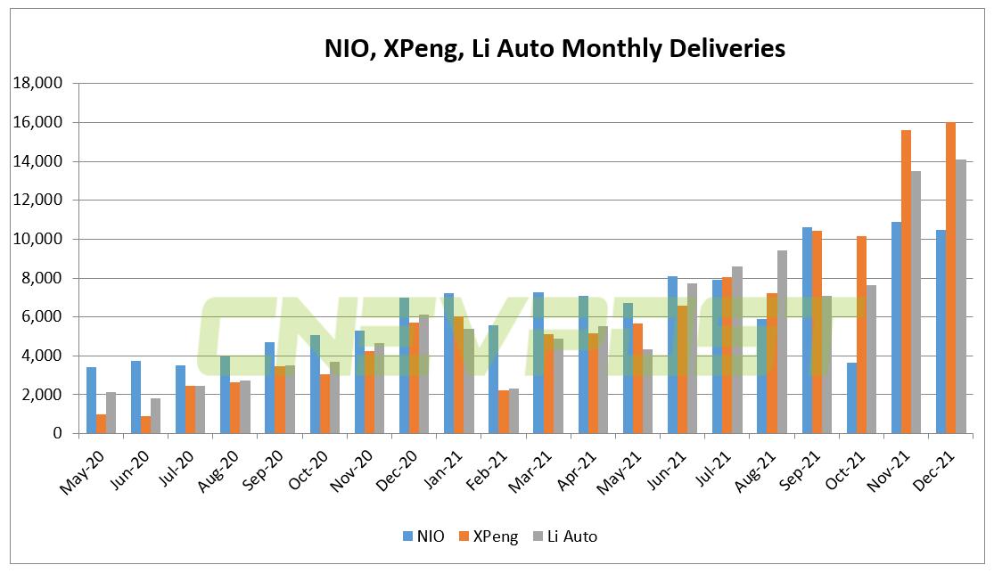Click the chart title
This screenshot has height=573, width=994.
pyautogui.click(x=554, y=48)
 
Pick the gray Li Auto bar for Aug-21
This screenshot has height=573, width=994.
pyautogui.click(x=782, y=342)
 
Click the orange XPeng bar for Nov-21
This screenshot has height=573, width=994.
pyautogui.click(x=906, y=282)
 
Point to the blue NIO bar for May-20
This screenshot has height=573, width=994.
pyautogui.click(x=91, y=400)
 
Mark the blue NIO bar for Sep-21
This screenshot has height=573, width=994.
pyautogui.click(x=807, y=330)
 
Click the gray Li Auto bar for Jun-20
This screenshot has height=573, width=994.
pyautogui.click(x=156, y=415)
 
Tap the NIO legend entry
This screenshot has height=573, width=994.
pyautogui.click(x=423, y=536)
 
